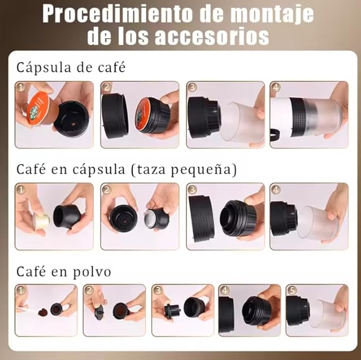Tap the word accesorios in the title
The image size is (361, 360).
[212, 36]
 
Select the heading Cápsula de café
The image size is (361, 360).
[71, 67]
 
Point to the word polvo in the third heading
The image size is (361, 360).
[92, 272]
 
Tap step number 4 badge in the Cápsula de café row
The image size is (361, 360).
[276, 87]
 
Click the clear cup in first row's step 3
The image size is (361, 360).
[242, 122]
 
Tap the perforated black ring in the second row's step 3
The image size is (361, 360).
[201, 219]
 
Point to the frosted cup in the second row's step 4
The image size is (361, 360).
[317, 222]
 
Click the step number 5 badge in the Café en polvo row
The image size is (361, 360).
[292, 290]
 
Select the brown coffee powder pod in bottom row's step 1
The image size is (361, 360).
[43, 312]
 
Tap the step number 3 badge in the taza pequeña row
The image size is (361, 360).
[192, 189]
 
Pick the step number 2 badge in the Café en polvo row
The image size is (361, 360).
[89, 290]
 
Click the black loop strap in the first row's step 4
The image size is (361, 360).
[274, 135]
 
